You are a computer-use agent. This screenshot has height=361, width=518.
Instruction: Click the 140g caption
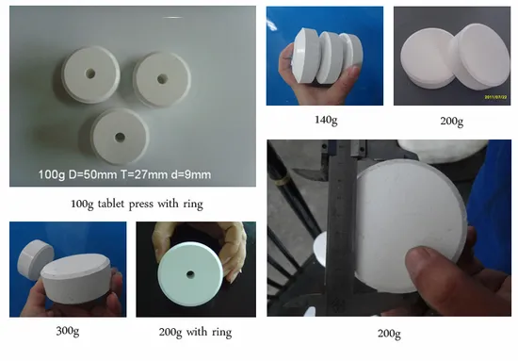tap(326, 120)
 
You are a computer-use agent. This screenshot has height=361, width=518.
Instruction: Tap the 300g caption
tap(68, 331)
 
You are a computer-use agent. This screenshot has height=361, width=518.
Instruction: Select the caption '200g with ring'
tap(195, 332)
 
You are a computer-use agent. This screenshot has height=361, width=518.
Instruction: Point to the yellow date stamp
tap(495, 97)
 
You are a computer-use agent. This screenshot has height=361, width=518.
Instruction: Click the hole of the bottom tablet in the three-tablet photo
tap(120, 137)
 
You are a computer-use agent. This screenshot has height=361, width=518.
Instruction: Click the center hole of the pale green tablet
tap(190, 274)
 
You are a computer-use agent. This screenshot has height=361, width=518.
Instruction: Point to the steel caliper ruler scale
tap(340, 228)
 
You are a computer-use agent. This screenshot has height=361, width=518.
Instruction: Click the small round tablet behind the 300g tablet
tap(35, 258)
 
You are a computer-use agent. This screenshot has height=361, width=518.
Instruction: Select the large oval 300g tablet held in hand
tap(76, 279)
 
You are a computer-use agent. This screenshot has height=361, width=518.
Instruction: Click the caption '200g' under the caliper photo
tap(389, 334)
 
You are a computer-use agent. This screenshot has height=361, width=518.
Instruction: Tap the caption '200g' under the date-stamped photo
tap(451, 121)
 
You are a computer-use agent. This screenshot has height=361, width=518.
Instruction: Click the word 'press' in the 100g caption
tap(141, 205)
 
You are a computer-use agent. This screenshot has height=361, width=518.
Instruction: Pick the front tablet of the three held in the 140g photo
tap(306, 57)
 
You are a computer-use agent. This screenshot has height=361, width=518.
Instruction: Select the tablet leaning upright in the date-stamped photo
tap(479, 55)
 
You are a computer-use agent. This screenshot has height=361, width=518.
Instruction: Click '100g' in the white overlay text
tap(52, 174)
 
